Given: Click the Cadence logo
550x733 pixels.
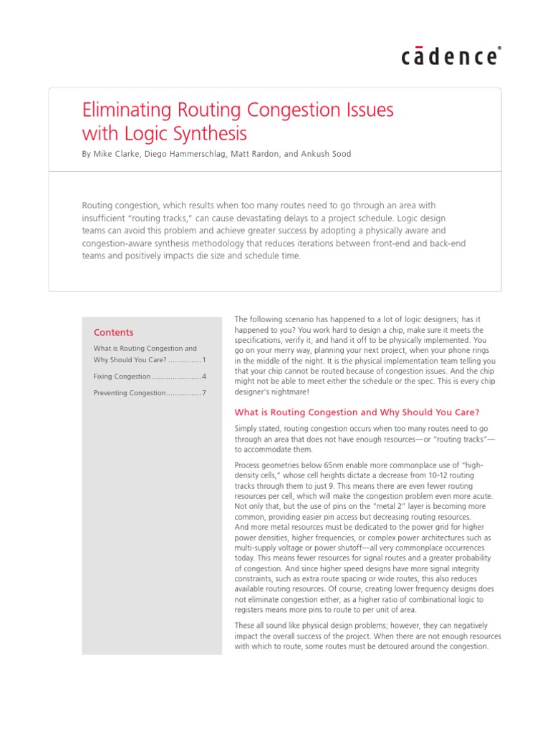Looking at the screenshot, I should point(450,56).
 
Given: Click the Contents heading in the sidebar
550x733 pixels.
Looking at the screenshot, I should point(113,332).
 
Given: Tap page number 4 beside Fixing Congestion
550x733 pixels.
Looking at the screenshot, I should point(204,377).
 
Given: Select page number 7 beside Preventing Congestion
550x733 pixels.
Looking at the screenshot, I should point(204,393).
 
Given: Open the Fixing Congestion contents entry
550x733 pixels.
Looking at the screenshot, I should point(122,377).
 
